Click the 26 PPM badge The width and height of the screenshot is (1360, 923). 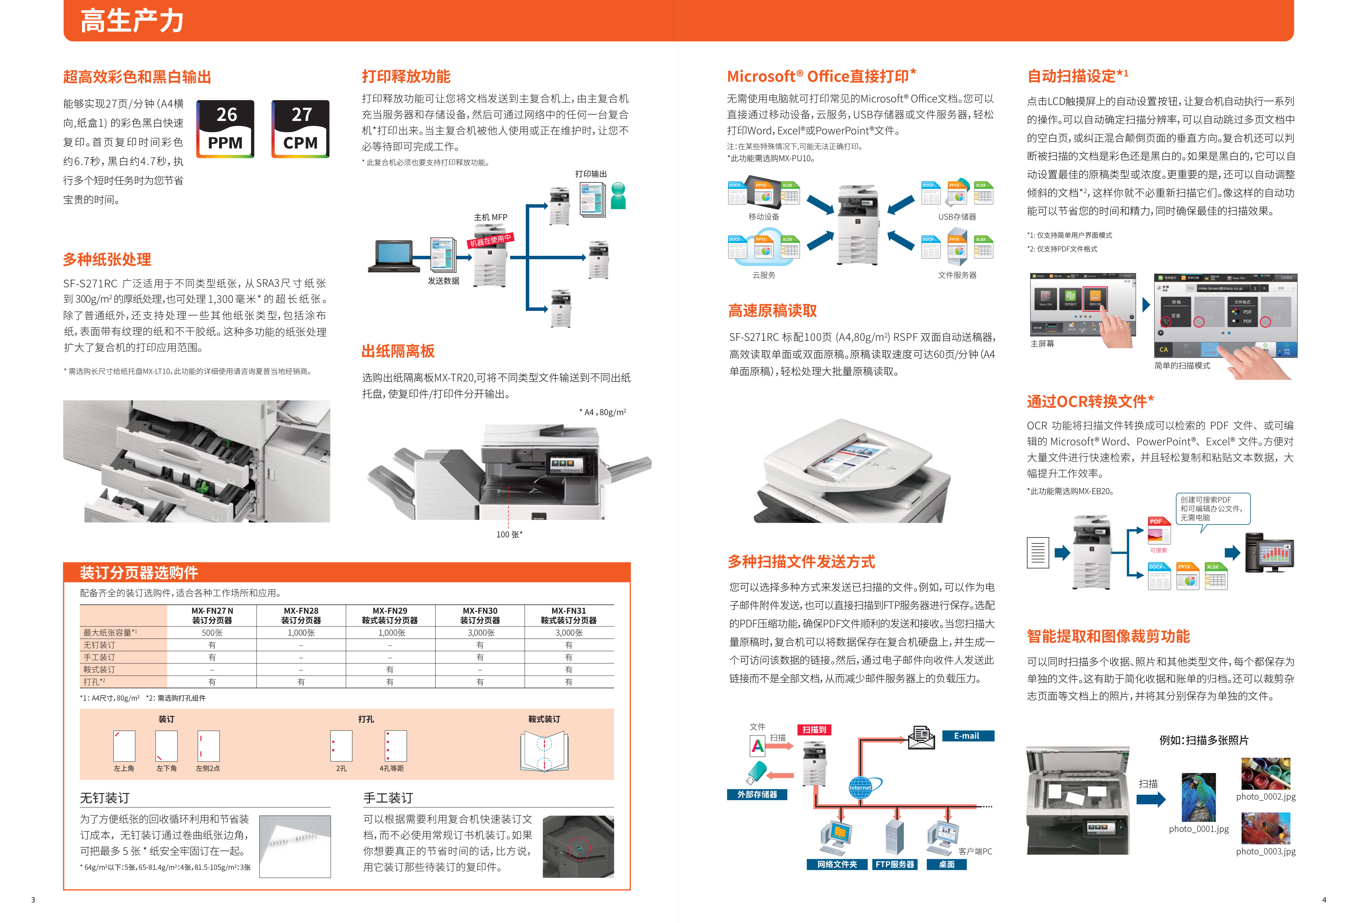click(x=225, y=129)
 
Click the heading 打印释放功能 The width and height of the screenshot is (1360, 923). click(x=406, y=77)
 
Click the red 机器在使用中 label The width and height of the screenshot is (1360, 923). click(x=490, y=240)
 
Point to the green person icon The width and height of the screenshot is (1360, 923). click(x=618, y=196)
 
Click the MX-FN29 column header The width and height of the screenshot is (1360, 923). click(x=390, y=615)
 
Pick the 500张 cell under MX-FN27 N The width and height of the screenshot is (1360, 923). click(x=212, y=633)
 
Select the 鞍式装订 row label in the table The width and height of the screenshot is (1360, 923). click(x=100, y=670)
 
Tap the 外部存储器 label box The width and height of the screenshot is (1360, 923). click(x=757, y=794)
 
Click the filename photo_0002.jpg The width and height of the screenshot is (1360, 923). click(x=1266, y=797)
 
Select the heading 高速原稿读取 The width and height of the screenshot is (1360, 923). click(x=773, y=311)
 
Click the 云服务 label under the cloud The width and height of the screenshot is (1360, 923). click(x=764, y=275)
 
